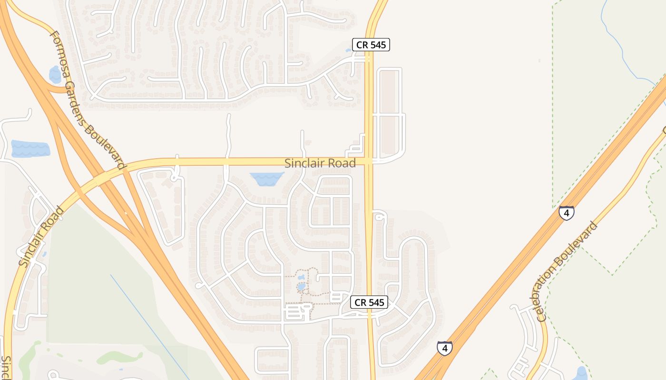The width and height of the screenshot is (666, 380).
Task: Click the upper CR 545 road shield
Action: coord(371,45)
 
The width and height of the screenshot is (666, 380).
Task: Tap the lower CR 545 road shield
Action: coord(370,302)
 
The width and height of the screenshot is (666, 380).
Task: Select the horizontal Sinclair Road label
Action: coord(320,163)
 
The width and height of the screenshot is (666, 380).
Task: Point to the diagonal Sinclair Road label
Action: coord(41,236)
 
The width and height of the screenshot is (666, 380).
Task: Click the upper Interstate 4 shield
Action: coord(566,213)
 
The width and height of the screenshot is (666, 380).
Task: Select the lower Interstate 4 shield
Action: coord(445,348)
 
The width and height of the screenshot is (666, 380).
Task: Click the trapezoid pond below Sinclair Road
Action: coord(266,179)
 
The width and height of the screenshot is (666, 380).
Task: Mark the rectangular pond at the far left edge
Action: coord(30,149)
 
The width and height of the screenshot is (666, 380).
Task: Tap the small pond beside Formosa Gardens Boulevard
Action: coord(55,75)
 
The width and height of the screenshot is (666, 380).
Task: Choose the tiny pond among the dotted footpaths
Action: coord(301,286)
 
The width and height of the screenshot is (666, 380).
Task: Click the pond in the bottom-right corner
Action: coord(581,373)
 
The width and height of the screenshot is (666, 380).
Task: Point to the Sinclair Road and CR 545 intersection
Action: coord(369,161)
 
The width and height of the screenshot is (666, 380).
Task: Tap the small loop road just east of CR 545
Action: coord(379,217)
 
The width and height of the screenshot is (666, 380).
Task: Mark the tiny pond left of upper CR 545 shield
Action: coord(348,50)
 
